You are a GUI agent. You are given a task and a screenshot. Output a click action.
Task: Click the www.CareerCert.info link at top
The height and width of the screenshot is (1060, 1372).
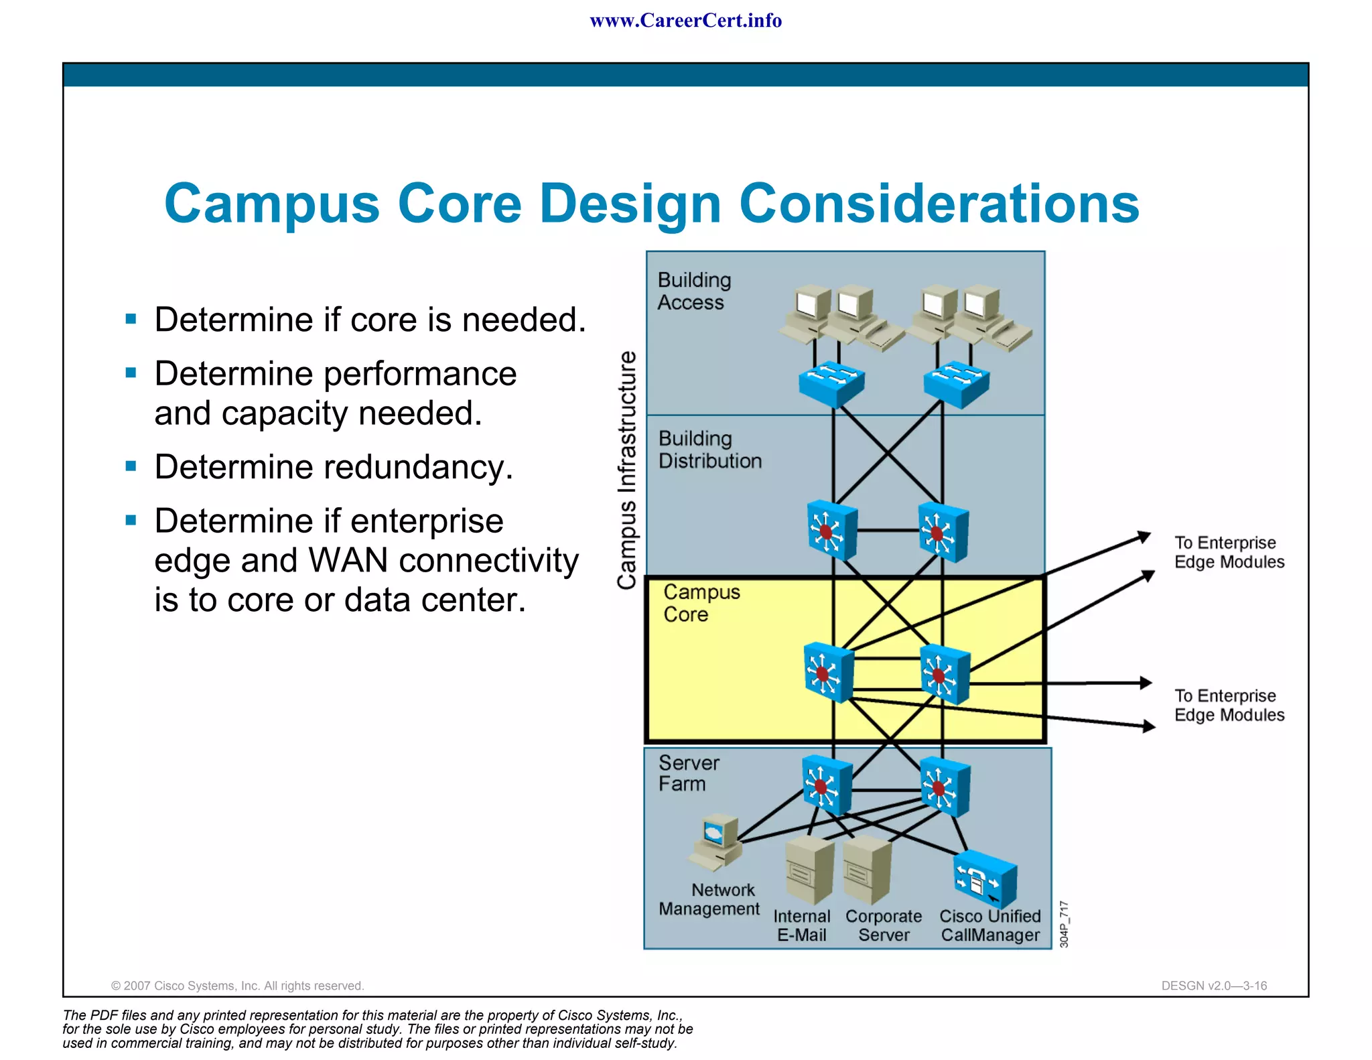point(685,21)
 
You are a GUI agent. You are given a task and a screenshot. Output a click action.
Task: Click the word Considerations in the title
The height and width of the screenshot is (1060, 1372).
point(939,204)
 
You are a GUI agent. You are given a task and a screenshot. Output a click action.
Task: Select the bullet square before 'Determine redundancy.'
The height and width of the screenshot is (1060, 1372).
point(131,466)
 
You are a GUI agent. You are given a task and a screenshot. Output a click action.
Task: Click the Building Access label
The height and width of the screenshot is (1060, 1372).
point(693,291)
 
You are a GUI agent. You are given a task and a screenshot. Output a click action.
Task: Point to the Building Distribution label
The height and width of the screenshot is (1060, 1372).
point(709,450)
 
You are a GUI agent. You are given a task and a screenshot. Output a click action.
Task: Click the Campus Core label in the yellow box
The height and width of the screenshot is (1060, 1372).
point(701,603)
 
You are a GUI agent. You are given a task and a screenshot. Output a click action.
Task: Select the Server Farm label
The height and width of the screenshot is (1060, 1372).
point(688,773)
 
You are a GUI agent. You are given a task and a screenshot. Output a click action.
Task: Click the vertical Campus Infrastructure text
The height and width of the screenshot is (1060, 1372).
point(626,470)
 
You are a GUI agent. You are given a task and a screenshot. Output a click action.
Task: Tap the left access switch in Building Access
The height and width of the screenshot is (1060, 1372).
point(831,385)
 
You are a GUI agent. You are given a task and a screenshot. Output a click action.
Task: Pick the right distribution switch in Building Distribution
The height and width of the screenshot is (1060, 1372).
point(942,533)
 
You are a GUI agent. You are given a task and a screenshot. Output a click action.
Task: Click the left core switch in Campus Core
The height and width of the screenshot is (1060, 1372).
point(828,672)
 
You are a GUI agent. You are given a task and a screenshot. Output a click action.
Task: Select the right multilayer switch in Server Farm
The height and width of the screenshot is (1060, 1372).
point(944,787)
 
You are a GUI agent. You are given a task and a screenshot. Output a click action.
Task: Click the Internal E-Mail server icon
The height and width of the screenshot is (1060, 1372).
point(809,870)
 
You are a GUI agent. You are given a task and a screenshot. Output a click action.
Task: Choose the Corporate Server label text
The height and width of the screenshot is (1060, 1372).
point(883,925)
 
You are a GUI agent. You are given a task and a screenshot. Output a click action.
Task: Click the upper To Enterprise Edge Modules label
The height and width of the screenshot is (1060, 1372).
point(1229,552)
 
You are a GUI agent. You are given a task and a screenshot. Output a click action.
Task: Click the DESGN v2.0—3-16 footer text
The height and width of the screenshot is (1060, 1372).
point(1213,986)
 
